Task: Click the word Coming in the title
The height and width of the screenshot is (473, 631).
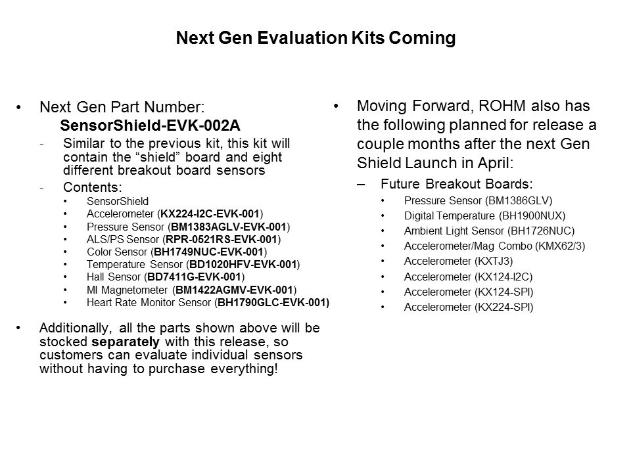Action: pos(422,39)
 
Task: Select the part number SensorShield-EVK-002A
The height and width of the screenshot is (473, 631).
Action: pos(150,125)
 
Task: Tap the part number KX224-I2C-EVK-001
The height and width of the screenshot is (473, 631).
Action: pos(210,214)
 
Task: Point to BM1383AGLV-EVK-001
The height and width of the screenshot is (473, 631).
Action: pos(229,227)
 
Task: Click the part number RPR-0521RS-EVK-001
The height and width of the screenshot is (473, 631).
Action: pos(222,239)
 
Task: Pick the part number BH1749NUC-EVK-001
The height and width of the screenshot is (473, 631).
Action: pos(209,252)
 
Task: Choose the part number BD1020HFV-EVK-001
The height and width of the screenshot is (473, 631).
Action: pos(243,264)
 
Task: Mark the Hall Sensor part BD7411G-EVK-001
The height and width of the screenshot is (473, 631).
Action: pos(195,277)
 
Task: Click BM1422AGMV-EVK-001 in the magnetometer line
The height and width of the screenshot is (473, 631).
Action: pos(234,290)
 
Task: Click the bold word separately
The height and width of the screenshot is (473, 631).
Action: pos(126,342)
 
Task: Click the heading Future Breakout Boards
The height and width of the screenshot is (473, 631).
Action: pos(456,184)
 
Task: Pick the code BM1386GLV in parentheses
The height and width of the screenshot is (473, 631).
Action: pos(519,200)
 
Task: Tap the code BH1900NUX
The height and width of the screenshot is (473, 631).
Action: pos(532,215)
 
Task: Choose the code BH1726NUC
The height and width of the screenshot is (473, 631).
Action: pos(541,231)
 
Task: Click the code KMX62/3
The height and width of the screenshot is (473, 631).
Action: pos(560,246)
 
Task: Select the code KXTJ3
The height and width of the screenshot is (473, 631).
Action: pos(494,261)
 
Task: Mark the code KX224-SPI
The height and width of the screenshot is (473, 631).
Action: pos(504,307)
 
